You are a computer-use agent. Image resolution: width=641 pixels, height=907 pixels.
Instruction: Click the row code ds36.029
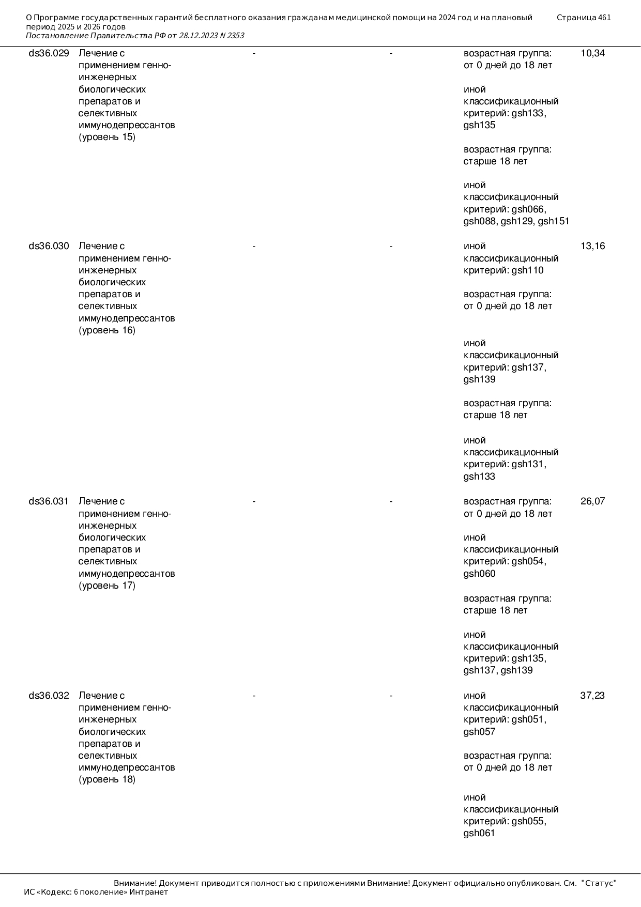(49, 53)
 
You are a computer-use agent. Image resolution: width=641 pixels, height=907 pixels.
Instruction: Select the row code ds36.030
(49, 246)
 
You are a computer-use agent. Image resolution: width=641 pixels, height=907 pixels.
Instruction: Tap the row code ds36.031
(49, 501)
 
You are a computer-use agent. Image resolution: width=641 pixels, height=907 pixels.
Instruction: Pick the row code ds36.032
(49, 696)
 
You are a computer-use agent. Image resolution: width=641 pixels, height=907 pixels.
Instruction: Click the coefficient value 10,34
(592, 53)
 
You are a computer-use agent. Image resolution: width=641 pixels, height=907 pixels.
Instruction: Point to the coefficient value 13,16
(592, 246)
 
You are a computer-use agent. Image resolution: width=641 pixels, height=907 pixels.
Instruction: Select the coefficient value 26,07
(592, 501)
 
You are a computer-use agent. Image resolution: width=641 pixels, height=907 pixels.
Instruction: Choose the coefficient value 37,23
(592, 696)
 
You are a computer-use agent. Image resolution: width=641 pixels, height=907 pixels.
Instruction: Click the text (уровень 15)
(107, 137)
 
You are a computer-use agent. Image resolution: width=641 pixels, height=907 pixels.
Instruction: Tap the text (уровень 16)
(107, 331)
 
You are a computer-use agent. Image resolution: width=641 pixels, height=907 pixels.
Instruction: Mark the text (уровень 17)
(107, 586)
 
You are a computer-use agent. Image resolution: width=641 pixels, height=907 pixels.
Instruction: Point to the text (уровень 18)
(107, 780)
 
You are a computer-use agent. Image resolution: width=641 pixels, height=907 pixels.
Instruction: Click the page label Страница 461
(584, 18)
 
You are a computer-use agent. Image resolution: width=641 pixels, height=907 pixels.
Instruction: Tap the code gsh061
(479, 834)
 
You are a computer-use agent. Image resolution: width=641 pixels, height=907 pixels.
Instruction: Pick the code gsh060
(479, 574)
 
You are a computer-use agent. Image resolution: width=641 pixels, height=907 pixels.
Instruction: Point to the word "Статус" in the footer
(599, 883)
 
